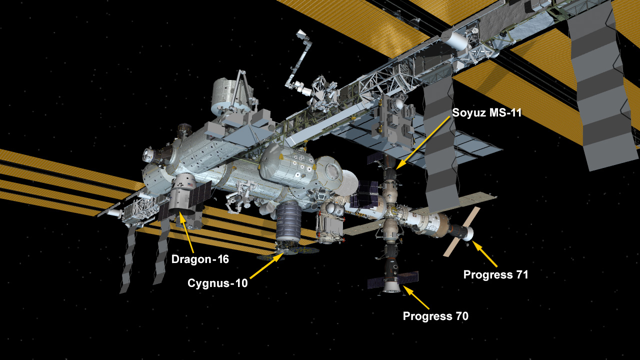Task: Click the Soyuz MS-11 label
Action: click(x=487, y=113)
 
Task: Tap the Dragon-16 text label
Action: click(x=200, y=259)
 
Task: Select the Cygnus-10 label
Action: click(x=217, y=283)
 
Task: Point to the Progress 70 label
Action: click(x=435, y=316)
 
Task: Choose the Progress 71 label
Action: click(x=495, y=274)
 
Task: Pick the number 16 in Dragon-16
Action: click(x=223, y=259)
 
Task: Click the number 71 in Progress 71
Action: click(x=522, y=274)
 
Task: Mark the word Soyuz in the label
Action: click(x=469, y=113)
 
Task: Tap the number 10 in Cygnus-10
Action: click(x=241, y=283)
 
